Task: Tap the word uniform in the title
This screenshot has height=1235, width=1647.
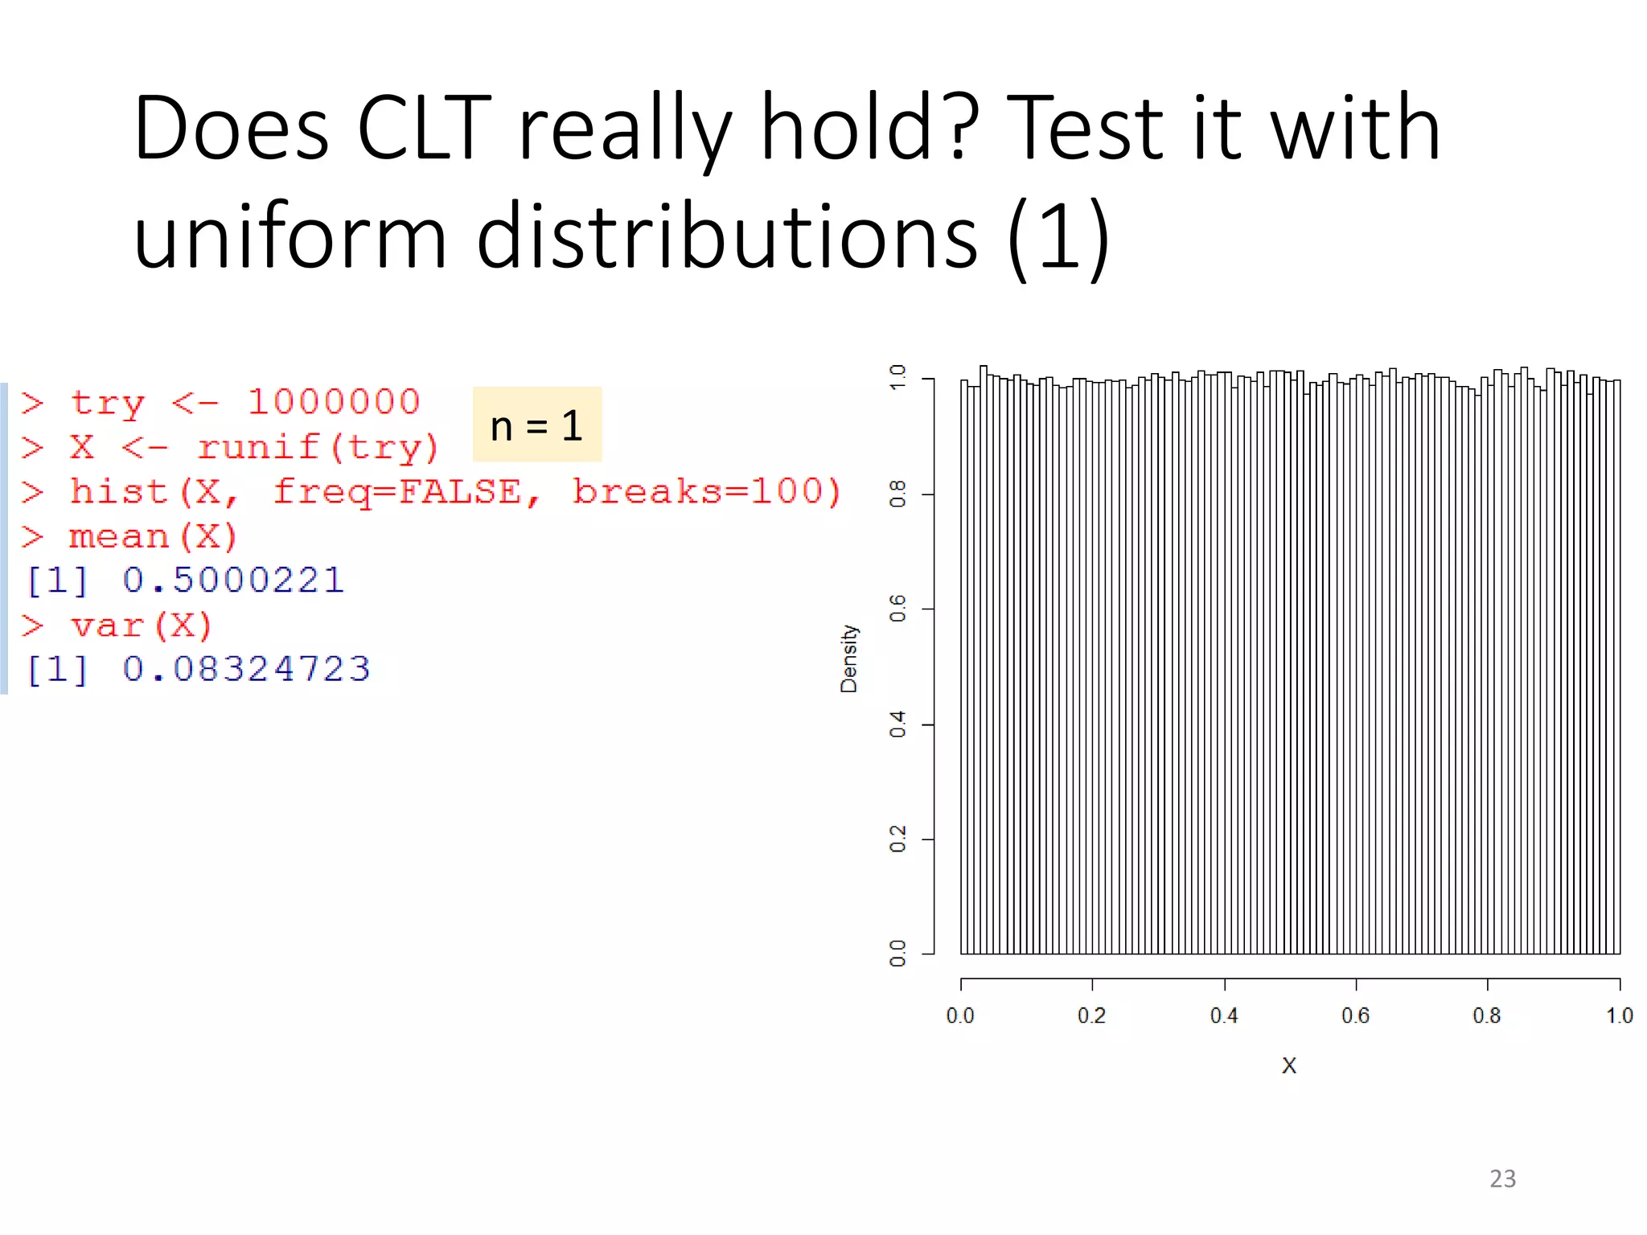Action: tap(290, 237)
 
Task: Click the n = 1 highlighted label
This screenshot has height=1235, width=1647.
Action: tap(536, 425)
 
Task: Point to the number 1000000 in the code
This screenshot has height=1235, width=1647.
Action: tap(333, 402)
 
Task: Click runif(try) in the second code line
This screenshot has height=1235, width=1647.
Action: tap(318, 448)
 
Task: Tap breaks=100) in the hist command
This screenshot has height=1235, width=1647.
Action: tap(707, 491)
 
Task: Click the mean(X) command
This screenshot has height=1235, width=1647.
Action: tap(153, 537)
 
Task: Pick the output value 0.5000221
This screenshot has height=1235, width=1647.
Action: tap(233, 581)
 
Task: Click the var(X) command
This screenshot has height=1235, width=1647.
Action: tap(141, 626)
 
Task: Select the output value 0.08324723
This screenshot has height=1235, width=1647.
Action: tap(246, 669)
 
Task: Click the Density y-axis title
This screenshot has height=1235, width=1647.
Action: tap(849, 659)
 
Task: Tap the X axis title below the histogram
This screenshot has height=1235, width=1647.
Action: tap(1288, 1066)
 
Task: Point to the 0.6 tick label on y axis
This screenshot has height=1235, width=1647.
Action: tap(898, 608)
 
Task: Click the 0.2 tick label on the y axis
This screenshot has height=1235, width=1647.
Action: tap(898, 839)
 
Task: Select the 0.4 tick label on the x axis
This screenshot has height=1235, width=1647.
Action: tap(1224, 1016)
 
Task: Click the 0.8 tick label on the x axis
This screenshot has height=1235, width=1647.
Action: tap(1486, 1016)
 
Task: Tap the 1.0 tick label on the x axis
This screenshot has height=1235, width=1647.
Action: tap(1619, 1016)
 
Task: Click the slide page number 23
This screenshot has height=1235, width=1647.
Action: tap(1502, 1179)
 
